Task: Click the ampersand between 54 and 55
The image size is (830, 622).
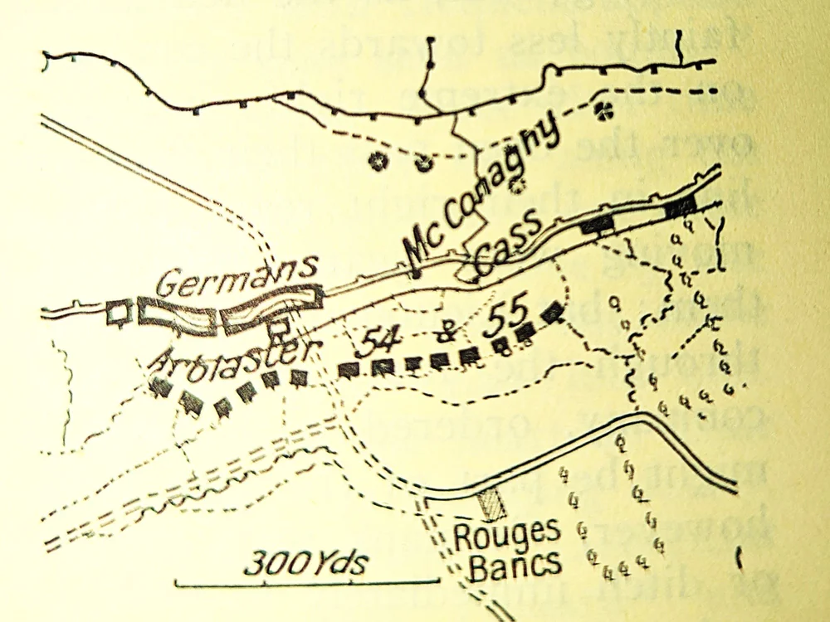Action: coord(441,332)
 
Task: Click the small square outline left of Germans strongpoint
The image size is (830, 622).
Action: coord(120,311)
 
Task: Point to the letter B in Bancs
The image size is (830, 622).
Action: coord(476,566)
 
